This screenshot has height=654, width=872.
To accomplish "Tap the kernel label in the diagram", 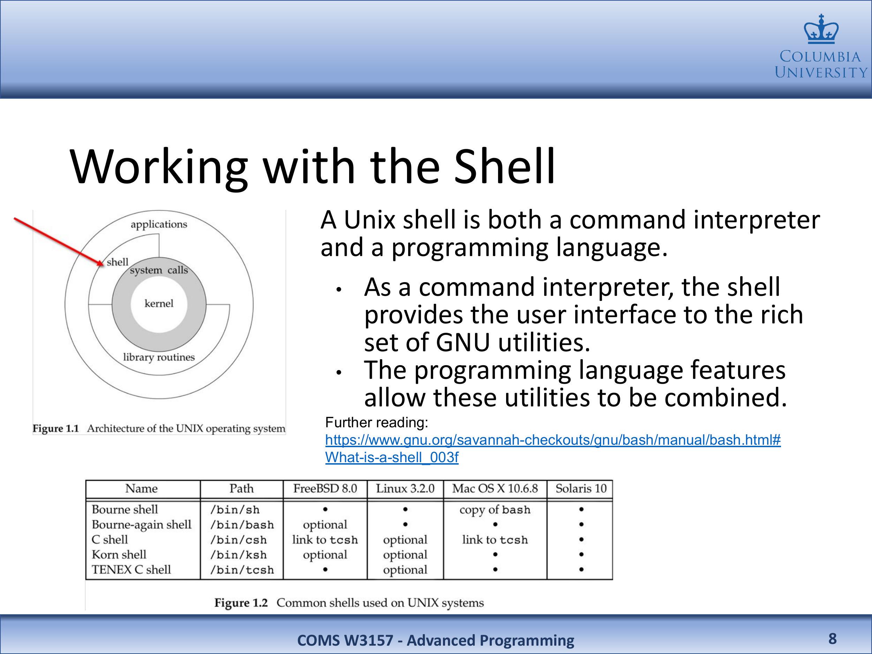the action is click(159, 303).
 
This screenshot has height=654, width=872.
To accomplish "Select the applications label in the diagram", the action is click(159, 225).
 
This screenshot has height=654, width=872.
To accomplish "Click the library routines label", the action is click(159, 357).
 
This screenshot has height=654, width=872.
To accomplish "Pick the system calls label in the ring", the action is click(159, 270).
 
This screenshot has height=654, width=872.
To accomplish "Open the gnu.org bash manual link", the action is click(553, 448).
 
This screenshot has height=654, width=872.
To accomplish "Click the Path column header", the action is click(241, 489).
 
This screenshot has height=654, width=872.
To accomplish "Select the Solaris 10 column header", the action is click(581, 489).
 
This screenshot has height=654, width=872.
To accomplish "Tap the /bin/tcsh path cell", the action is click(242, 570).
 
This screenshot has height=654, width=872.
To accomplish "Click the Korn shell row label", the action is click(119, 555).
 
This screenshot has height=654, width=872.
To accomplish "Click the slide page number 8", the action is click(832, 639).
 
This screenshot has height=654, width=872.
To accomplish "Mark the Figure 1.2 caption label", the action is click(241, 603).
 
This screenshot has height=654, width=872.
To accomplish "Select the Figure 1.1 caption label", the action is click(56, 429).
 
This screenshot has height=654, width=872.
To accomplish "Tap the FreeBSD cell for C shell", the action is click(325, 540).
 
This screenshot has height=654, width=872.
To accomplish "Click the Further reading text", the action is click(376, 423).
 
